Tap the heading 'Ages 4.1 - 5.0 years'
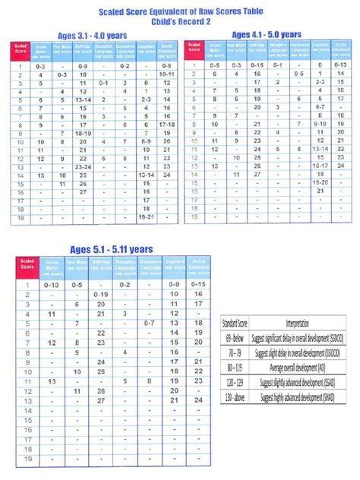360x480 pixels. point(267,34)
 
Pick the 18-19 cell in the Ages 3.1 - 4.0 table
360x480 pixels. point(84,133)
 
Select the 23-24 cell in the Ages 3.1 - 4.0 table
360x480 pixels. point(84,166)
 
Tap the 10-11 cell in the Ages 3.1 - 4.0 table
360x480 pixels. point(169,76)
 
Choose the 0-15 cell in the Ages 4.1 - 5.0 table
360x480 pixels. point(257,65)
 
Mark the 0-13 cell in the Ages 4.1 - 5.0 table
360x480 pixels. point(343,65)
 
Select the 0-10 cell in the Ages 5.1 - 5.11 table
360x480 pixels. point(52,283)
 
